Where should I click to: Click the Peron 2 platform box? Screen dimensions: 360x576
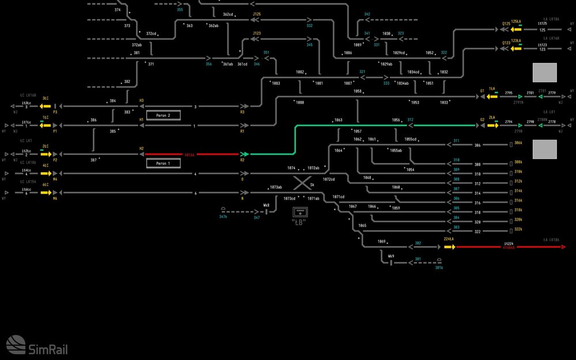163,116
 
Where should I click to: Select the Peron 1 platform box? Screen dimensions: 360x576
163,164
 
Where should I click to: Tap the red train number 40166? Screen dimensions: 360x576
191,155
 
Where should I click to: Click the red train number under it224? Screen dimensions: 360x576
509,248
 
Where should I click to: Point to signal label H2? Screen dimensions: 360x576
141,149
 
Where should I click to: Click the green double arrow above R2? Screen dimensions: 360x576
244,154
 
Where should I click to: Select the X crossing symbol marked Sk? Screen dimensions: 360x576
301,184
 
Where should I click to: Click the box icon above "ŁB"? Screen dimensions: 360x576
298,212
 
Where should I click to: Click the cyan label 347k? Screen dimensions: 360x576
223,217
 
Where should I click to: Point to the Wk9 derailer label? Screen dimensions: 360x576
391,256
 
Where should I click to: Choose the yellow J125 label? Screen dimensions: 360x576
257,13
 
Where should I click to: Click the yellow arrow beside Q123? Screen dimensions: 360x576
516,48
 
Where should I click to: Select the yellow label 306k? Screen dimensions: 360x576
518,142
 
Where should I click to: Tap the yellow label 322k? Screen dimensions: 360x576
518,229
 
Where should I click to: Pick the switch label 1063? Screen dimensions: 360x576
338,120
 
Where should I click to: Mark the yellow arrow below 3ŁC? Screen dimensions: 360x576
44,107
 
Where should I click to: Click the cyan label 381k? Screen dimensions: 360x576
439,267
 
